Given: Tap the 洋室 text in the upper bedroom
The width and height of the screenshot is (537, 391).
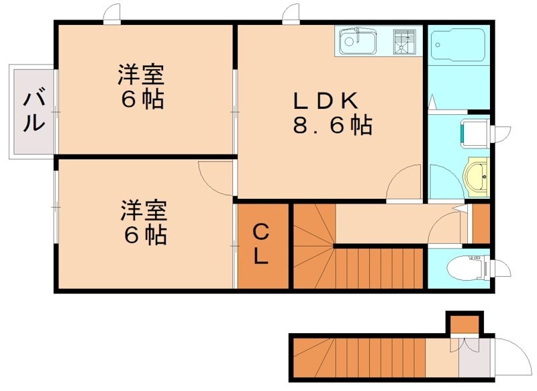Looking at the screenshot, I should pos(142,73).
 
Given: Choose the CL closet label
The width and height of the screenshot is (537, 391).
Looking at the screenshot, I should pos(262,245).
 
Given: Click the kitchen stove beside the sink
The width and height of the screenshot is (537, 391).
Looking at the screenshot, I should pos(404,41).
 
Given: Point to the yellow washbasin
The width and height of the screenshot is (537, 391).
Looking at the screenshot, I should pos(477,176).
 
